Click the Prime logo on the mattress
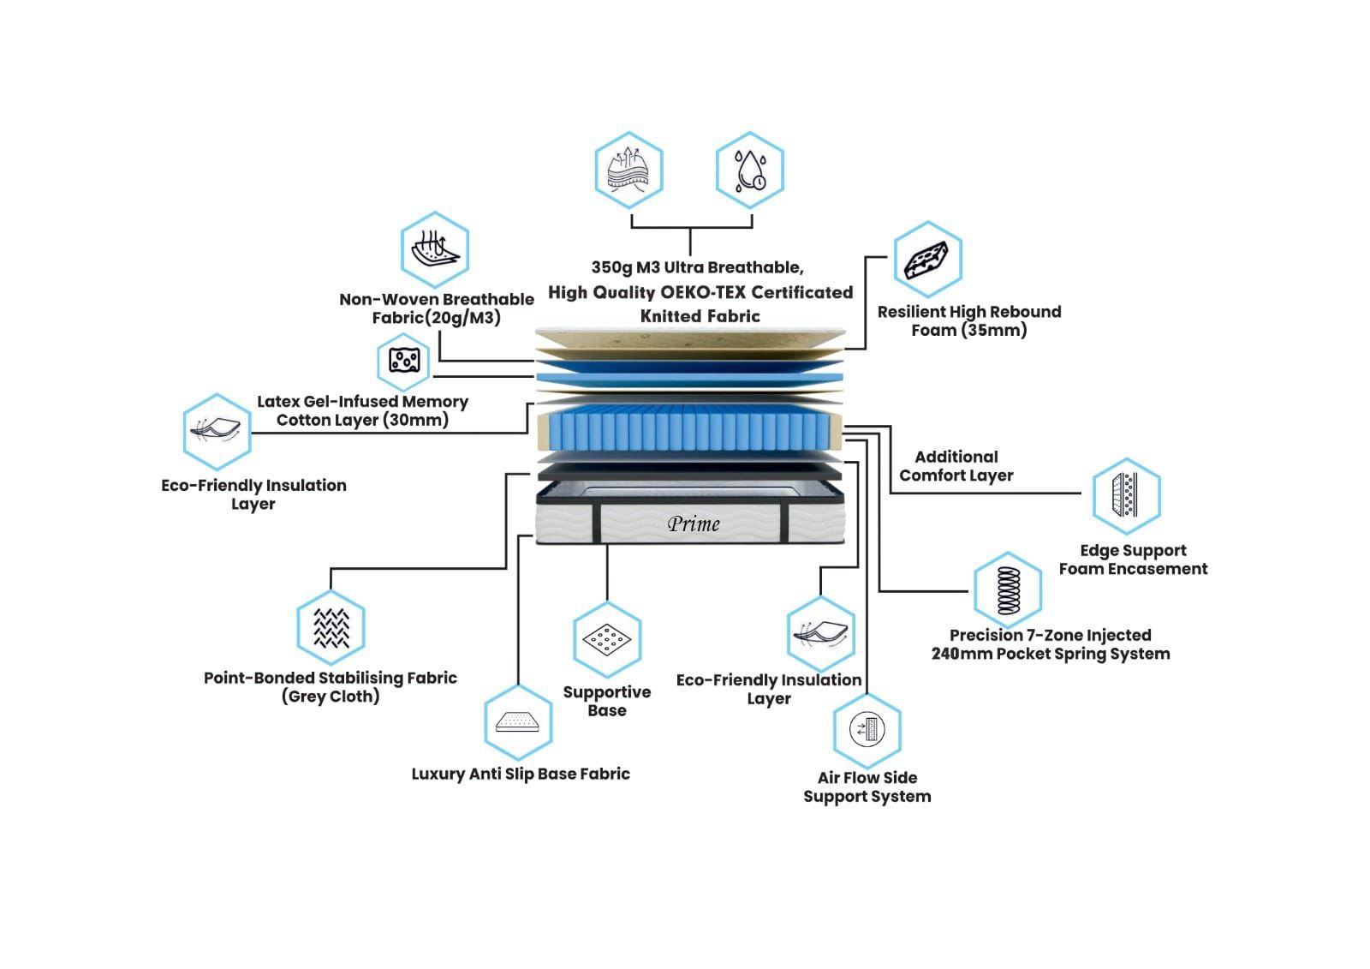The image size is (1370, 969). tap(694, 524)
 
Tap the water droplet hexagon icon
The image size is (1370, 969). tap(750, 170)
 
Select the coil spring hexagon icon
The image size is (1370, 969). tap(1008, 590)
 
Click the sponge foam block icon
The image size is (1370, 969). tap(928, 260)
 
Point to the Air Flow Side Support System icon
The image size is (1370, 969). tap(867, 730)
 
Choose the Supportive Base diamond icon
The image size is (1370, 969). tap(607, 640)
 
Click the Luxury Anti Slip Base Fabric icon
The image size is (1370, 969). tap(518, 722)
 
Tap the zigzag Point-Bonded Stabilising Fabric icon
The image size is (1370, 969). tap(331, 628)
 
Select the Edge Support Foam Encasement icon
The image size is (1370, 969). tap(1127, 496)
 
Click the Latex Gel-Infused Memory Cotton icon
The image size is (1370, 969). tap(403, 362)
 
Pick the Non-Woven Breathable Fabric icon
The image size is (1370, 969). tap(435, 250)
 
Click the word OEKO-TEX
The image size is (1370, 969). tap(703, 293)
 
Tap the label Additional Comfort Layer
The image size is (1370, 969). tap(956, 466)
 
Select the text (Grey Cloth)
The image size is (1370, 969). tap(331, 697)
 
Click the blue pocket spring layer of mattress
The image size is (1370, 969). tap(690, 428)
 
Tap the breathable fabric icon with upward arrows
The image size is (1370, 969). tap(628, 170)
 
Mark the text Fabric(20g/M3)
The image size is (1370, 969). tap(436, 318)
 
